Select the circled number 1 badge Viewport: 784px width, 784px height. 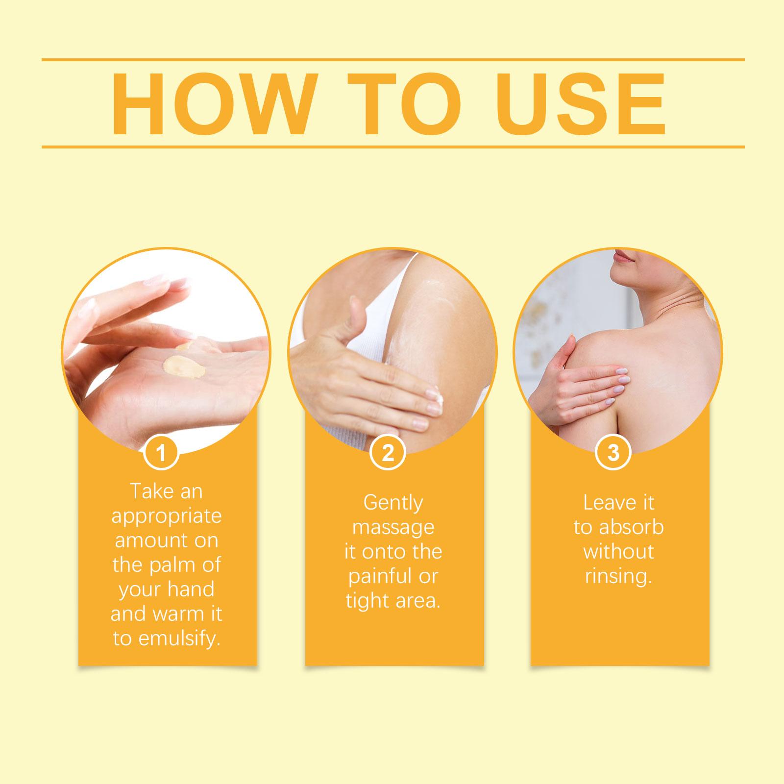pyautogui.click(x=161, y=453)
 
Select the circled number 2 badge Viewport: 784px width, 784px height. pyautogui.click(x=388, y=453)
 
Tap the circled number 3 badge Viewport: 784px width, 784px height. pyautogui.click(x=613, y=453)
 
